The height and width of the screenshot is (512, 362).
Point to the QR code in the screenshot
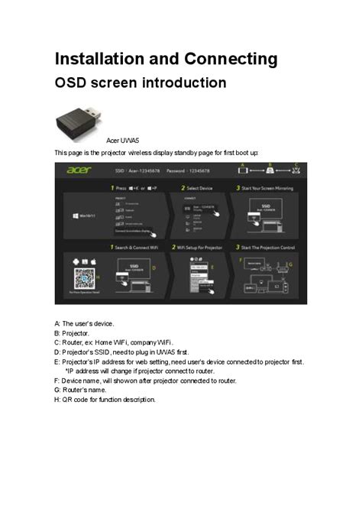click(83, 277)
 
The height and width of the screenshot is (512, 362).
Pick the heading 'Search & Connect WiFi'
click(138, 247)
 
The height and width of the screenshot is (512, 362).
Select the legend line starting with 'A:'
click(85, 323)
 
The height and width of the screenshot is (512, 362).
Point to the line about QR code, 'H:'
click(105, 400)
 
